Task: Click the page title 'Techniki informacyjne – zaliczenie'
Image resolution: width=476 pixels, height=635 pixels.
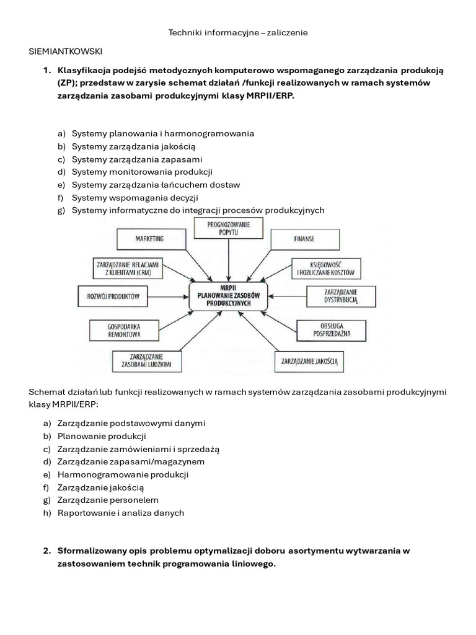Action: point(238,32)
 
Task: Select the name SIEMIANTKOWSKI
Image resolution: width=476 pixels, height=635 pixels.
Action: point(66,50)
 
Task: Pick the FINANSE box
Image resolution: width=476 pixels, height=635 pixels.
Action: point(308,238)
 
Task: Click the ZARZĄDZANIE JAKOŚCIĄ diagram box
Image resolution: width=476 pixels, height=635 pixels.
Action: point(310,360)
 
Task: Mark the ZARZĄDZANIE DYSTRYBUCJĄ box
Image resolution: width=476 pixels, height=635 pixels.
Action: point(340,296)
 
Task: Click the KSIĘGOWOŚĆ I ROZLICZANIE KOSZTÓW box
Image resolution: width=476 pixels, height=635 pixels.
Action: point(325,268)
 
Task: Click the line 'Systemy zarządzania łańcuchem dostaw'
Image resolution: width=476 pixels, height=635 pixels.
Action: point(156,185)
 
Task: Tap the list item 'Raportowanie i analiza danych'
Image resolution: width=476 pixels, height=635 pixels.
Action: point(120,513)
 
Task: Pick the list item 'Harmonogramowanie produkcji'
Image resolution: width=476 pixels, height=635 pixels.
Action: point(123,474)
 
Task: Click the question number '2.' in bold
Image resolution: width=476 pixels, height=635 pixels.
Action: point(47,551)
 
